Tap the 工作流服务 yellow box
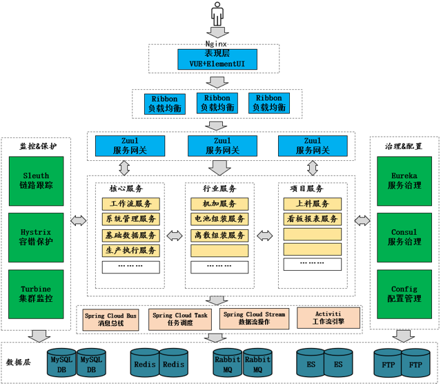tap(131, 204)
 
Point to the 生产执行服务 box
tap(131, 250)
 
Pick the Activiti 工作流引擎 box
tap(329, 318)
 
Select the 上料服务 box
tap(312, 204)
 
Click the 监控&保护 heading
tap(39, 146)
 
